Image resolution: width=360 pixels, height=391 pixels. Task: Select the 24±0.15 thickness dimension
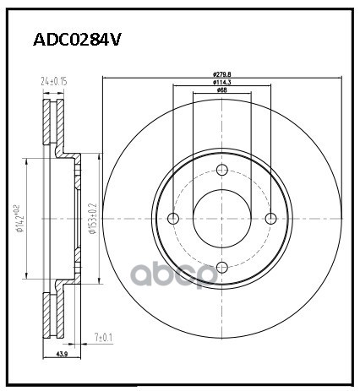click(54, 81)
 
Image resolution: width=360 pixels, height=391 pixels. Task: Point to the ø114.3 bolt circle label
click(222, 82)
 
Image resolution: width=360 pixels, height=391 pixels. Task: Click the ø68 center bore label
click(222, 90)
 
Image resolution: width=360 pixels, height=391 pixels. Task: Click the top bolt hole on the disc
click(222, 171)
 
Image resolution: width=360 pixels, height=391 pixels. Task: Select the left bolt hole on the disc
click(174, 220)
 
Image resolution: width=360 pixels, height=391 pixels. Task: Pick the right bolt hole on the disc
click(271, 220)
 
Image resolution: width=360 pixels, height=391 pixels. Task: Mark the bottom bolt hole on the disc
click(222, 268)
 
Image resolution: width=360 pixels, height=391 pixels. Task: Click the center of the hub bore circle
click(222, 220)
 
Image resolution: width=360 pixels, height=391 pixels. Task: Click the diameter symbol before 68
click(218, 90)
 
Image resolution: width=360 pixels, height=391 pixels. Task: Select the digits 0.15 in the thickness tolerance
click(61, 81)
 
